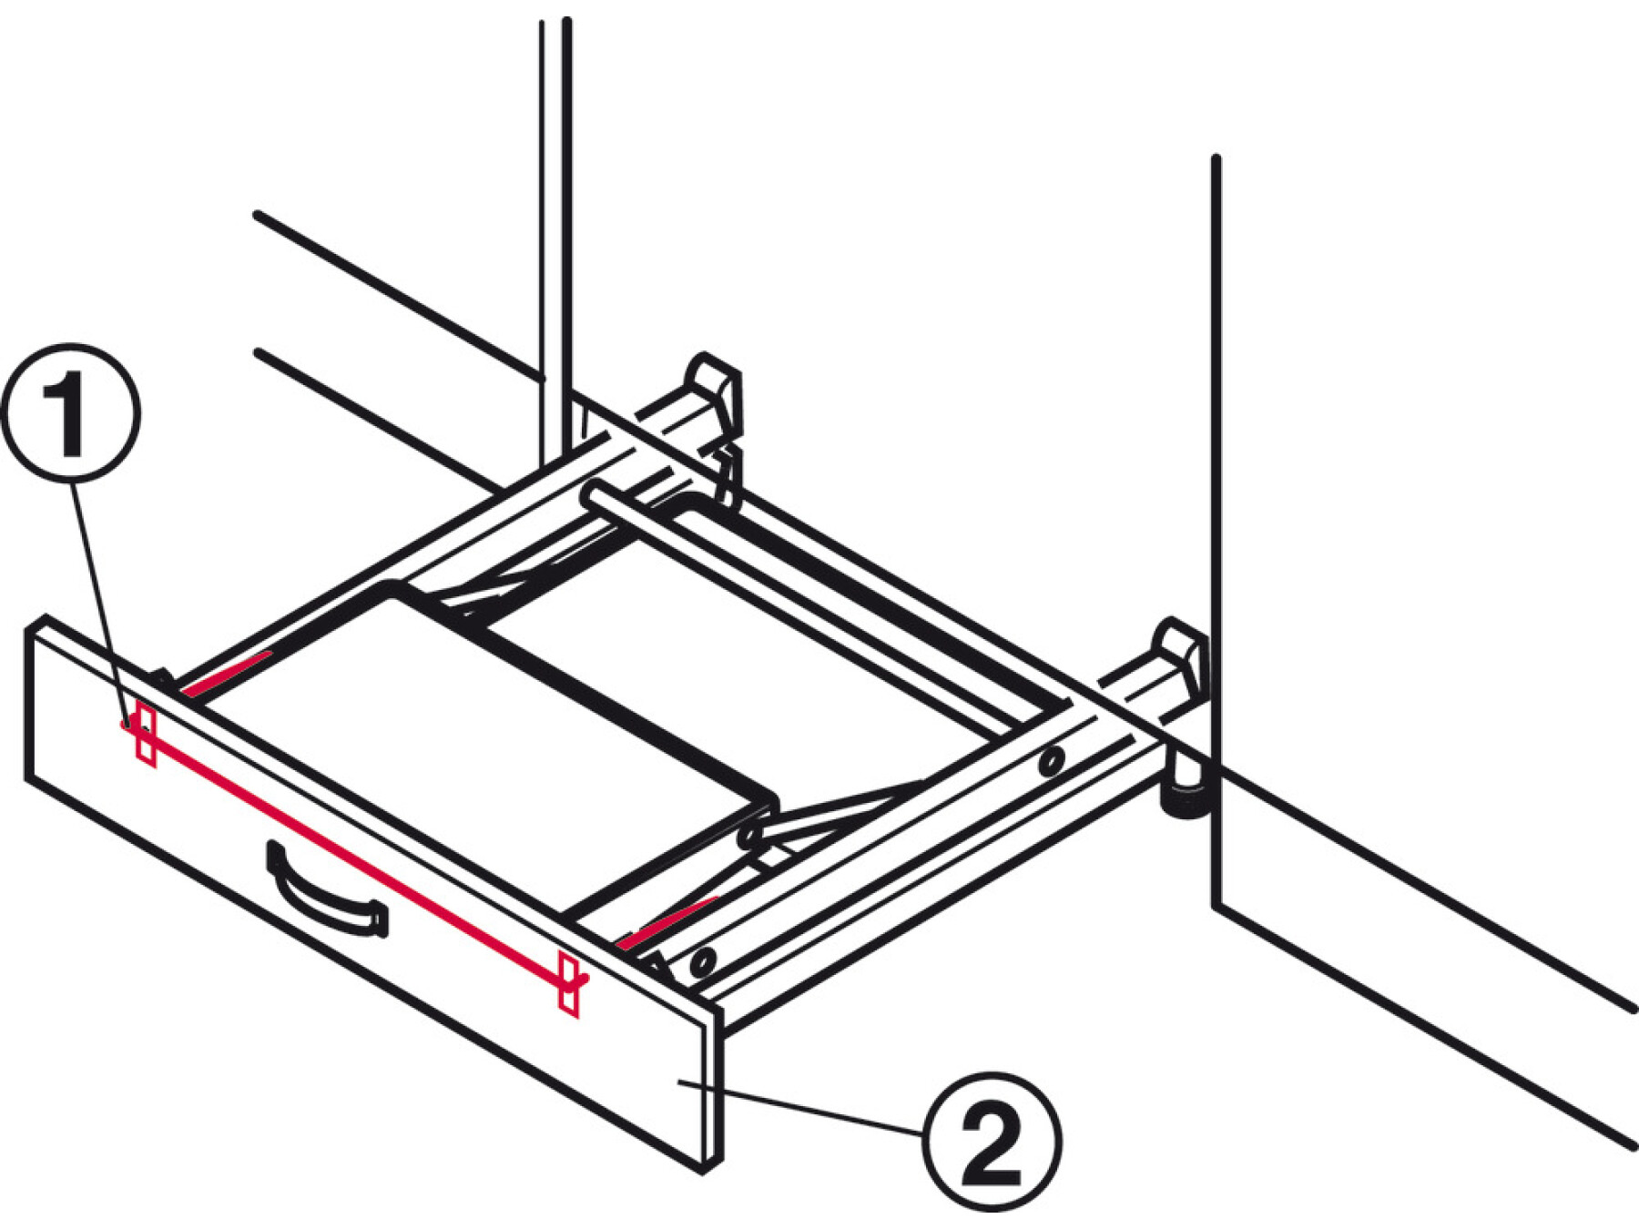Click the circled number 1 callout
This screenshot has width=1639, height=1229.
(x=71, y=412)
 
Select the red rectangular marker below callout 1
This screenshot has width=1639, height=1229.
(x=145, y=732)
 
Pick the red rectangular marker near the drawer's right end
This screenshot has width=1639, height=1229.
(x=568, y=984)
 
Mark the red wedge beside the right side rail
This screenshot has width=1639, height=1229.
(x=667, y=921)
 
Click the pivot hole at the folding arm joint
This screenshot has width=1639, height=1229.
(x=750, y=833)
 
